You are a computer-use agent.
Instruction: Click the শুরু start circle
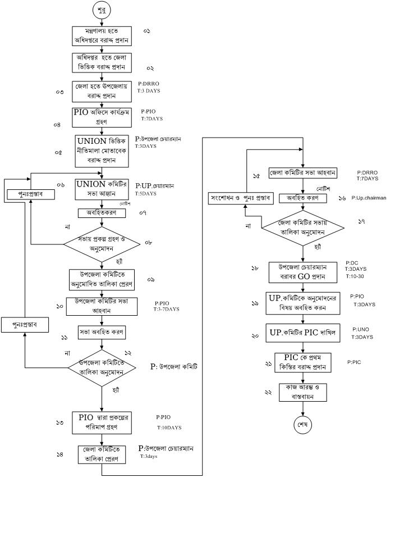tap(102, 10)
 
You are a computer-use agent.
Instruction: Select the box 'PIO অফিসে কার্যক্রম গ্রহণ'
tap(102, 116)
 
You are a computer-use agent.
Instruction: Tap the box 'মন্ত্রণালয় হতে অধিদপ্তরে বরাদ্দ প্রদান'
tap(102, 35)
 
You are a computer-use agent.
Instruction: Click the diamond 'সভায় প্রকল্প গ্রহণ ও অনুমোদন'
tap(102, 243)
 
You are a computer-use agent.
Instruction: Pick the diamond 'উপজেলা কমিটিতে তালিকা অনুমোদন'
tap(102, 368)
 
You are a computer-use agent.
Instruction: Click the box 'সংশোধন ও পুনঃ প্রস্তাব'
tap(240, 198)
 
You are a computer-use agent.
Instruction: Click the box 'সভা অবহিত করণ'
tap(102, 331)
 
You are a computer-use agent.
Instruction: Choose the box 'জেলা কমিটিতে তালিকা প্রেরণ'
tap(102, 453)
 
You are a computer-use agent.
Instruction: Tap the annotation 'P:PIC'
tap(354, 362)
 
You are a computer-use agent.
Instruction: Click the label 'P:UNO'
tap(360, 329)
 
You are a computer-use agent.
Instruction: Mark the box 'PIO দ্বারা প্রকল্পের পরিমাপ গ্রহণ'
tap(102, 422)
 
